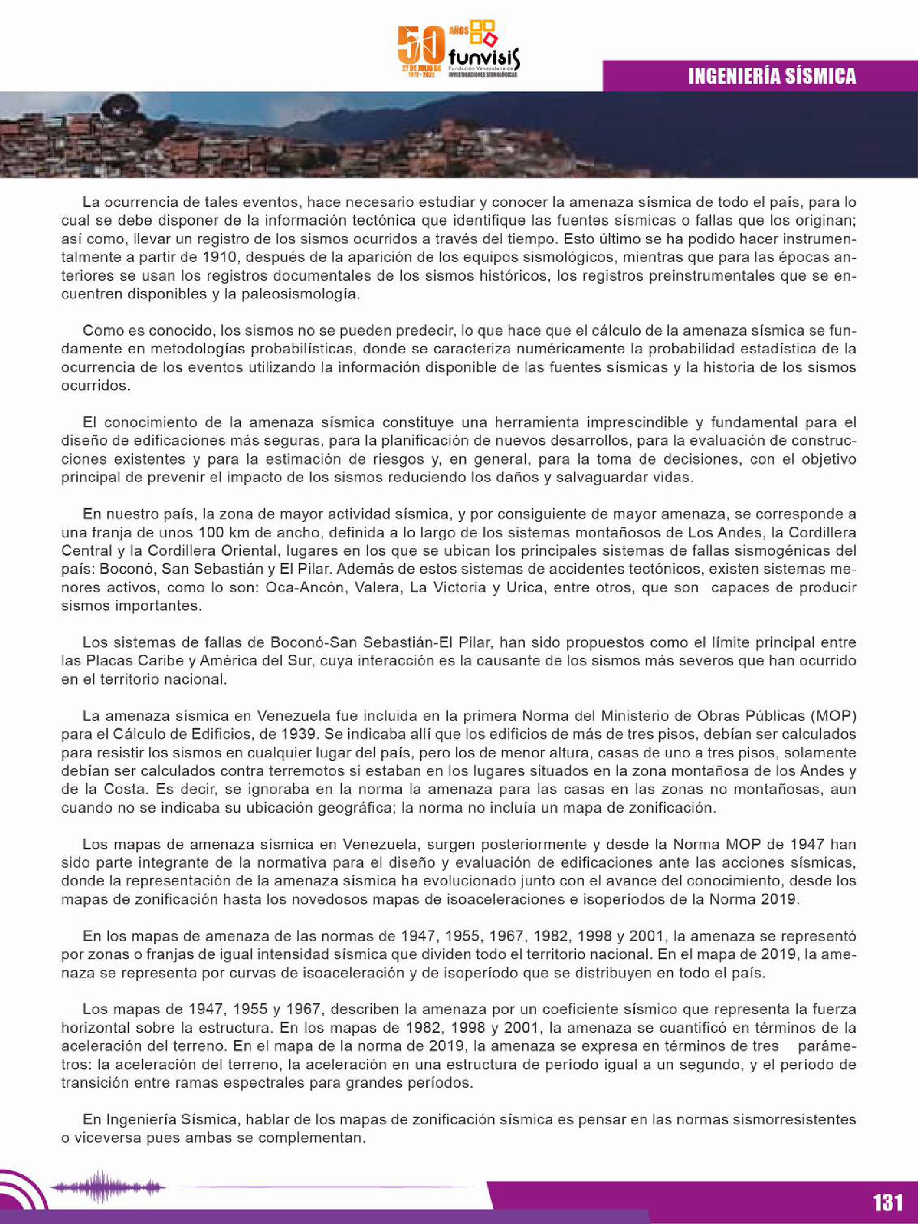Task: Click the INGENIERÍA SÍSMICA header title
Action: pos(772,76)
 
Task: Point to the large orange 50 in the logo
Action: pos(421,47)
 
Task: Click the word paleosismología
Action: pos(300,294)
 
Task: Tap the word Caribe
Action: pos(153,661)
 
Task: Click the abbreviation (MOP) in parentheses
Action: pos(834,716)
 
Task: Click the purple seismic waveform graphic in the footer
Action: pos(107,1186)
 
